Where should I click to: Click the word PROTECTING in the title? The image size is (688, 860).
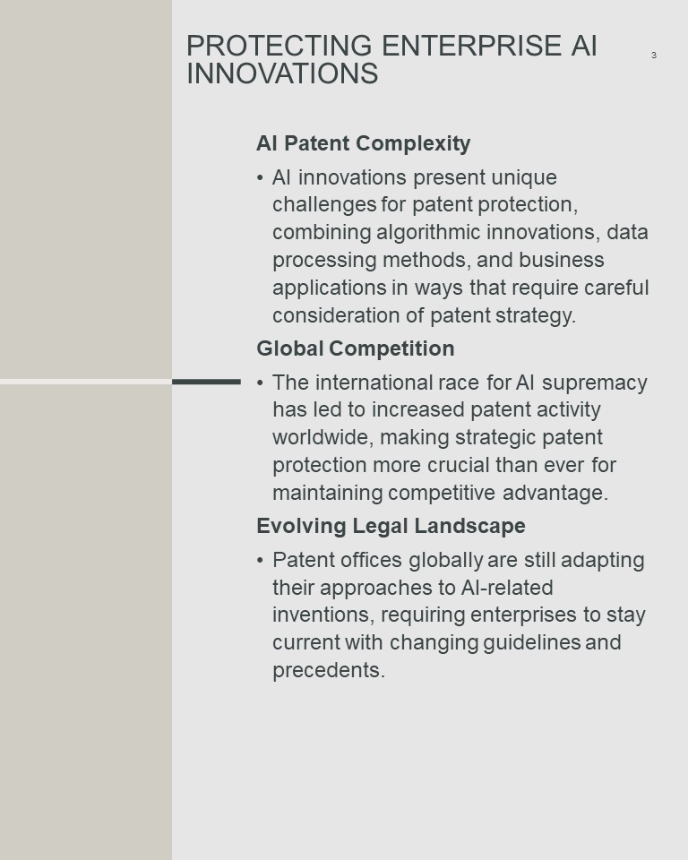tap(279, 46)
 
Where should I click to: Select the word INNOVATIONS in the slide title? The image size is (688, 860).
tap(282, 73)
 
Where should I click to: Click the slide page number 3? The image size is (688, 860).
tap(654, 55)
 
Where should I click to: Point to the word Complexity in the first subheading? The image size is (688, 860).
tap(413, 143)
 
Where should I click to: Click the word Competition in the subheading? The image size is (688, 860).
tap(391, 348)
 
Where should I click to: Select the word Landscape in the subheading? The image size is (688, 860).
tap(469, 526)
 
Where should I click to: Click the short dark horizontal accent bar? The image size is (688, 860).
tap(206, 382)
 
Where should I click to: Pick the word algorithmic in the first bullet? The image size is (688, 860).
tap(428, 233)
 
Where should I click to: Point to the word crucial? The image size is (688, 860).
tap(458, 465)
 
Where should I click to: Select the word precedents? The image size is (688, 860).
tap(329, 670)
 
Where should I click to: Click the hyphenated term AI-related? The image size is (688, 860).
tap(507, 588)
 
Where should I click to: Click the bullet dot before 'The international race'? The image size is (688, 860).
tap(260, 383)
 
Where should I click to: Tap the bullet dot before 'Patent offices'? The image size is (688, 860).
tap(260, 561)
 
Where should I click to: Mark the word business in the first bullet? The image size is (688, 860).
tap(562, 260)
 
